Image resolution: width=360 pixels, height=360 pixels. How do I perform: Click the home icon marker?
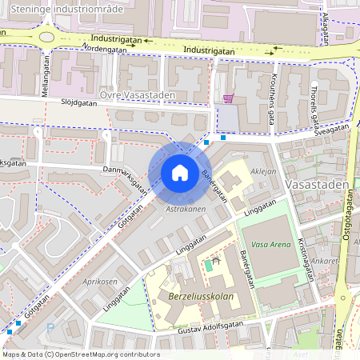[180, 173]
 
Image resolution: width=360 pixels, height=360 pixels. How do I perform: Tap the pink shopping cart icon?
[229, 99]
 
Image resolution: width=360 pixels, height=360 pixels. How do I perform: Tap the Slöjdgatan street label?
[82, 102]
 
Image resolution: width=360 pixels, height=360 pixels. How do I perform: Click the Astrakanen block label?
[186, 209]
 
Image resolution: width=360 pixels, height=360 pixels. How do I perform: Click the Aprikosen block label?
[100, 283]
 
